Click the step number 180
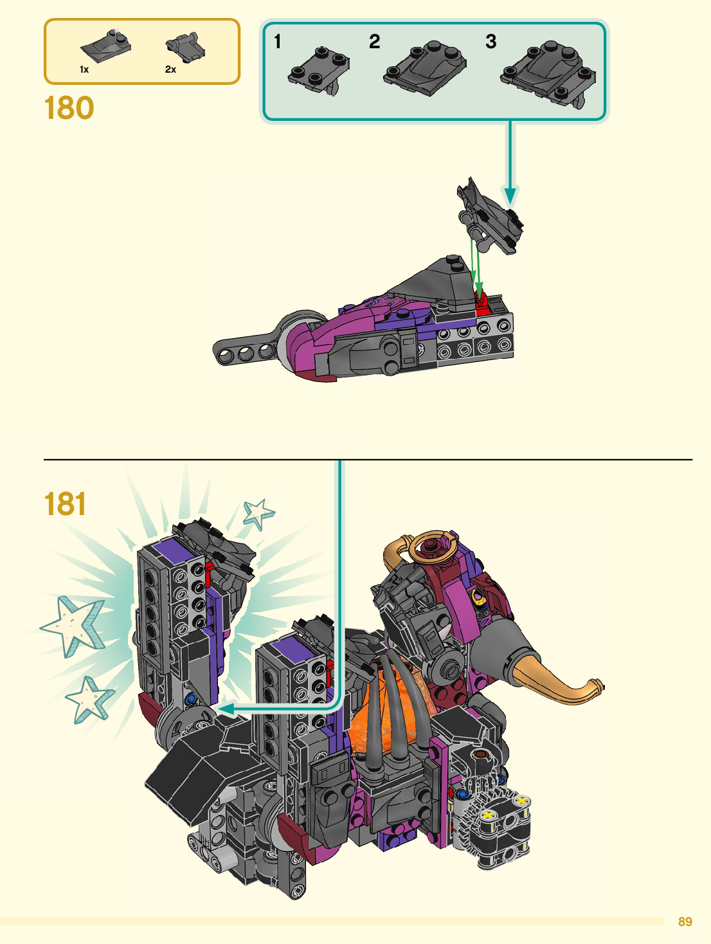tap(69, 108)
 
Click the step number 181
tap(65, 504)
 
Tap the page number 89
tap(685, 921)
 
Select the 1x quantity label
tap(84, 69)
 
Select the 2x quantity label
tap(170, 69)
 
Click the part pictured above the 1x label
tap(105, 44)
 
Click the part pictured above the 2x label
tap(185, 47)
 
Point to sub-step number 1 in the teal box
tap(278, 42)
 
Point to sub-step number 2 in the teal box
tap(374, 42)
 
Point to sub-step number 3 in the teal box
tap(491, 42)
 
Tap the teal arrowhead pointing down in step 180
tap(510, 195)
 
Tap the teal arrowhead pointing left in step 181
tap(224, 709)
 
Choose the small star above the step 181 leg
tap(258, 513)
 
